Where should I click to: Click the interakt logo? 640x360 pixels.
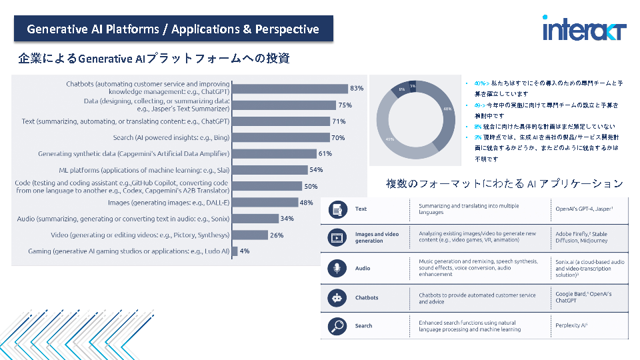584,30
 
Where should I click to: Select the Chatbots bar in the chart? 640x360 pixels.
289,89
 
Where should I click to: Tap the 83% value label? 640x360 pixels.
357,89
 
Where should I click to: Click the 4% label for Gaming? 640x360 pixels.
245,251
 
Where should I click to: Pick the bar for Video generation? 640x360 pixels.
249,235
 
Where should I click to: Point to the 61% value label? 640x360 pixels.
325,153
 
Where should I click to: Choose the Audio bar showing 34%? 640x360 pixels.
255,219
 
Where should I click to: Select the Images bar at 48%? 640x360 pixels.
265,203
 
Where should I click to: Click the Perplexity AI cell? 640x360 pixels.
571,326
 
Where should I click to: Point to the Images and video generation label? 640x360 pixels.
377,237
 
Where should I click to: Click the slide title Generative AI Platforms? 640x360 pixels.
173,29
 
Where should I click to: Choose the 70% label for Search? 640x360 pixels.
338,138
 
